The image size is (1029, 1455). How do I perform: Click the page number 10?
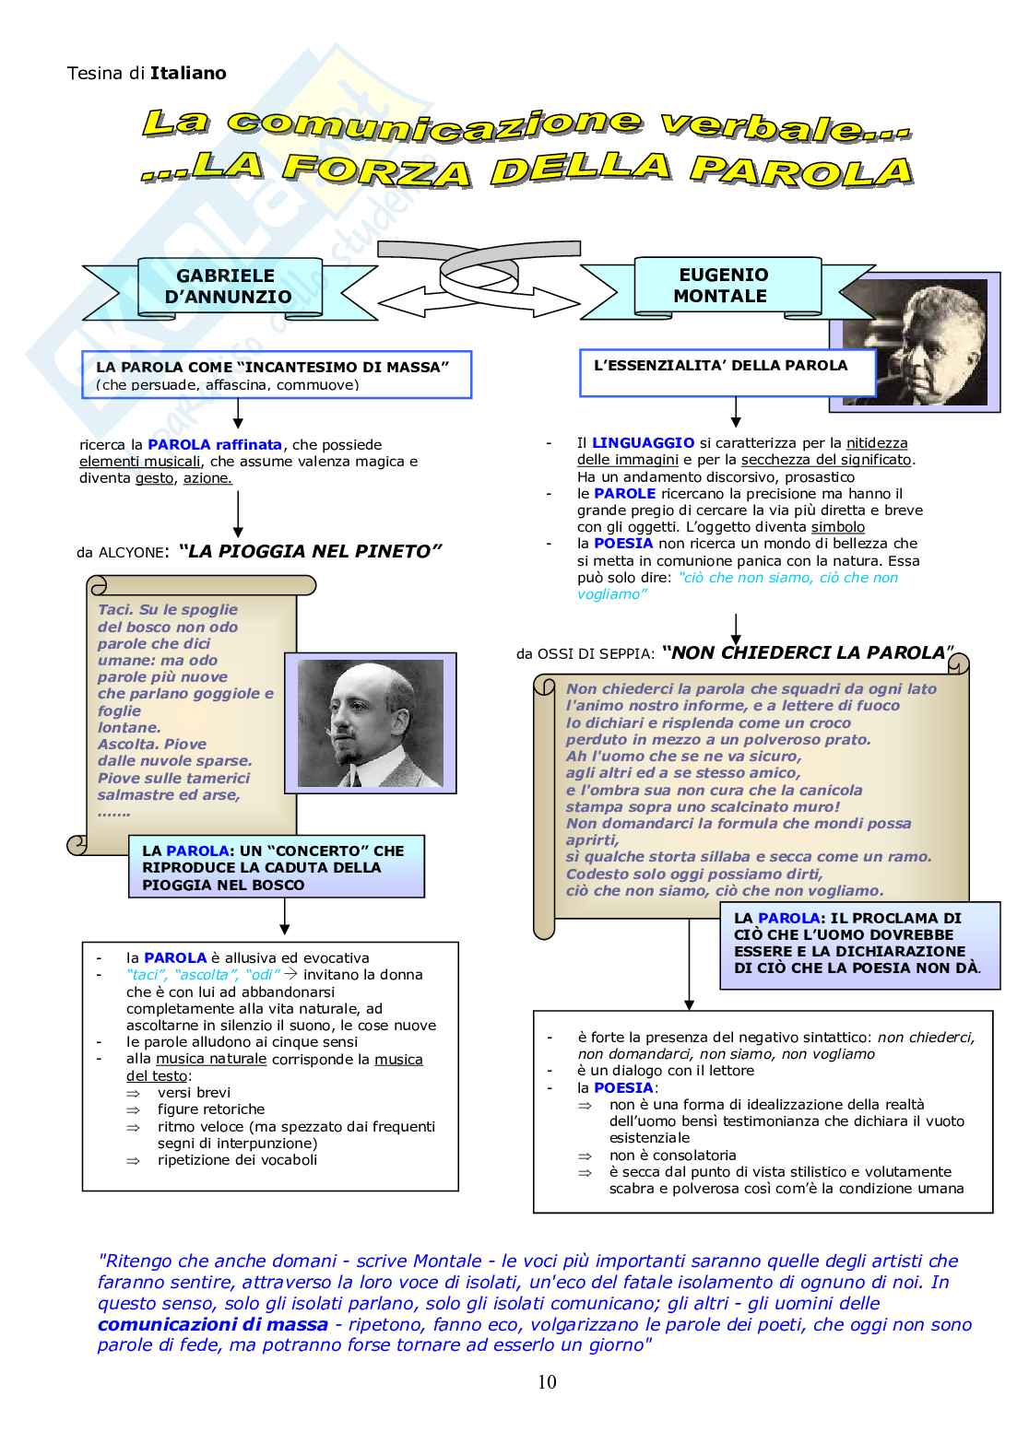tap(547, 1381)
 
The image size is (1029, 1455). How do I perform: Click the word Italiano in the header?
tap(188, 73)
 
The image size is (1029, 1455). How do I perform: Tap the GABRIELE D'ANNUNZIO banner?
tap(228, 287)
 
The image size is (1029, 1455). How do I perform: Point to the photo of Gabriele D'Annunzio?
tap(371, 723)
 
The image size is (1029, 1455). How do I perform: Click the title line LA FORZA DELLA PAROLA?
tap(527, 170)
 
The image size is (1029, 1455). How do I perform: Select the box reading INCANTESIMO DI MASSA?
tap(276, 374)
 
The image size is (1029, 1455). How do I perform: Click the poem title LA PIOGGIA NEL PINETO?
tap(310, 552)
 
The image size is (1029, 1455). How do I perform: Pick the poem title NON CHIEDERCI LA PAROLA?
tap(808, 653)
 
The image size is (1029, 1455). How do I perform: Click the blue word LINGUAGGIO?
tap(643, 443)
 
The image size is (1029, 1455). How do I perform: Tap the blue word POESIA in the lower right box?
tap(623, 1087)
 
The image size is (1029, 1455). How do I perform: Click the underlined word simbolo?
tap(837, 527)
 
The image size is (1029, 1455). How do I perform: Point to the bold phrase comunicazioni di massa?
tap(212, 1324)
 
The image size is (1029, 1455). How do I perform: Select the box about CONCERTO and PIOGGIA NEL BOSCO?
tap(277, 867)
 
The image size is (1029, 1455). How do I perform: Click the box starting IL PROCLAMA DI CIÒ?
tap(859, 944)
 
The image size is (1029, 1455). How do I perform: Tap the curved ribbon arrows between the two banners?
tap(479, 276)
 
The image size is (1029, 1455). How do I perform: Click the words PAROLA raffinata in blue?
tap(215, 444)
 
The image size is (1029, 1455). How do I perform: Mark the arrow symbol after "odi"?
tap(290, 974)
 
